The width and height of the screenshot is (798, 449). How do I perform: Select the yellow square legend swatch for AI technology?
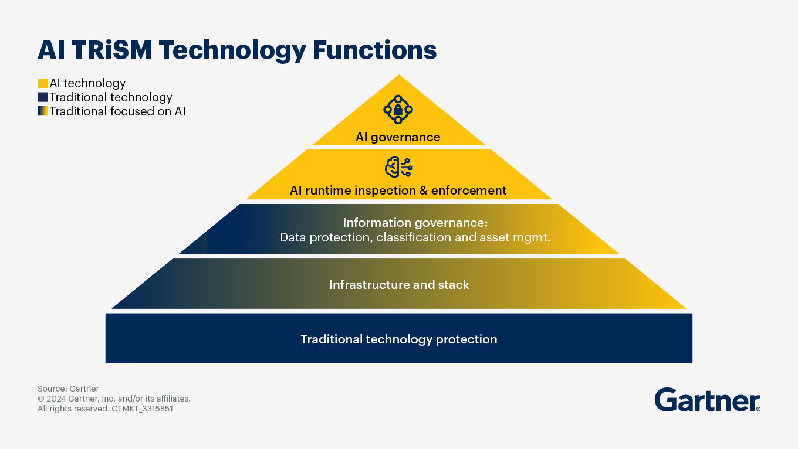pos(42,83)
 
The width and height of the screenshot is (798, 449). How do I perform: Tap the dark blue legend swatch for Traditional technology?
pos(42,97)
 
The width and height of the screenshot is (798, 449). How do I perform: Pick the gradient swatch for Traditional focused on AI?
pos(42,111)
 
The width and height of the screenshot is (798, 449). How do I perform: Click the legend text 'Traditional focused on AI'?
pos(117,111)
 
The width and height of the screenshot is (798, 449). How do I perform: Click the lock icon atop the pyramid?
pos(398,109)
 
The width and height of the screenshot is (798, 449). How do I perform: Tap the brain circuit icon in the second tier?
pos(398,168)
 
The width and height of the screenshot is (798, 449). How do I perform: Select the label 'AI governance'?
pos(398,137)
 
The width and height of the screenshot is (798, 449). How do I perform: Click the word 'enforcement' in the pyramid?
pos(469,191)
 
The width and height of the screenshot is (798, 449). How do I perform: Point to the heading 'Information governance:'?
pos(415,223)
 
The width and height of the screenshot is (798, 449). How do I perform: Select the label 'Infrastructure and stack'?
pos(399,285)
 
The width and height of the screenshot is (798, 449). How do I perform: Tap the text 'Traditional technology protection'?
pos(399,339)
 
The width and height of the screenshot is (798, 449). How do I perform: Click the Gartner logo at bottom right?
pos(706,400)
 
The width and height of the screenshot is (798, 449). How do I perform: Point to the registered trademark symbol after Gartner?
pos(758,409)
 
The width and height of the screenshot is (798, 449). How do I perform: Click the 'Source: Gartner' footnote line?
pos(68,389)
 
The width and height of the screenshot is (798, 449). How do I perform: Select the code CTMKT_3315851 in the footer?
pos(142,409)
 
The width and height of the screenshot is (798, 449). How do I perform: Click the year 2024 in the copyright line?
pos(57,399)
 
